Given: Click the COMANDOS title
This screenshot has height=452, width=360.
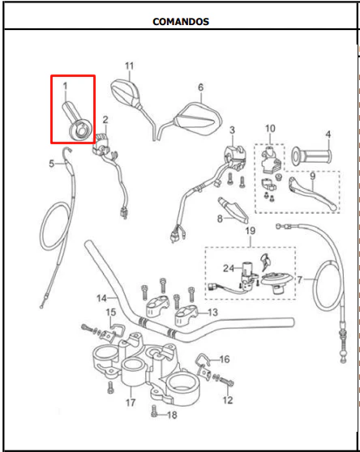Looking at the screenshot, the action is pyautogui.click(x=181, y=22).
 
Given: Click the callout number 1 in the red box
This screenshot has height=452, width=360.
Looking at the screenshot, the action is pyautogui.click(x=65, y=86).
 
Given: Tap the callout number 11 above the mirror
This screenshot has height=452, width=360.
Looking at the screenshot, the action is pyautogui.click(x=129, y=66).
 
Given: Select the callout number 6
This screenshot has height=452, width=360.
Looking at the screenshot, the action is pyautogui.click(x=201, y=87).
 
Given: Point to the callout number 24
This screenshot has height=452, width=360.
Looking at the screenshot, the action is pyautogui.click(x=229, y=268).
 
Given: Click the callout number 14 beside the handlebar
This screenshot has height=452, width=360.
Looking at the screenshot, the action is pyautogui.click(x=102, y=298).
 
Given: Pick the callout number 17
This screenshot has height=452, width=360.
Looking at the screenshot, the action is pyautogui.click(x=131, y=403).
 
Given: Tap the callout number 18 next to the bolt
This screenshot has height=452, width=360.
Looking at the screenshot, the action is pyautogui.click(x=172, y=415).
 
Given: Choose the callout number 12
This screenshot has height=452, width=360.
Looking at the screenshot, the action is pyautogui.click(x=228, y=400).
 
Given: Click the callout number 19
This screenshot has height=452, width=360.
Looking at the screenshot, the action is pyautogui.click(x=250, y=231).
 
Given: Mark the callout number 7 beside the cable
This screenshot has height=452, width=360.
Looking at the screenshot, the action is pyautogui.click(x=300, y=279).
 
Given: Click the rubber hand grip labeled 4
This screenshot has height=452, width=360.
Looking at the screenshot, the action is pyautogui.click(x=311, y=156).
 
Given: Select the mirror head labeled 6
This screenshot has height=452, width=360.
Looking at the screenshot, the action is pyautogui.click(x=199, y=119).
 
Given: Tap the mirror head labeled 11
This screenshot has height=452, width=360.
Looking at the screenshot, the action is pyautogui.click(x=126, y=93).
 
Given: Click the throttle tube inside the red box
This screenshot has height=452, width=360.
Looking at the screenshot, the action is pyautogui.click(x=77, y=121).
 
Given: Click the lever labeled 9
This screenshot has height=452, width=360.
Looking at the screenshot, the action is pyautogui.click(x=311, y=193).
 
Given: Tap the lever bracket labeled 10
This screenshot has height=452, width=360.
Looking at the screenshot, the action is pyautogui.click(x=270, y=160).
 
